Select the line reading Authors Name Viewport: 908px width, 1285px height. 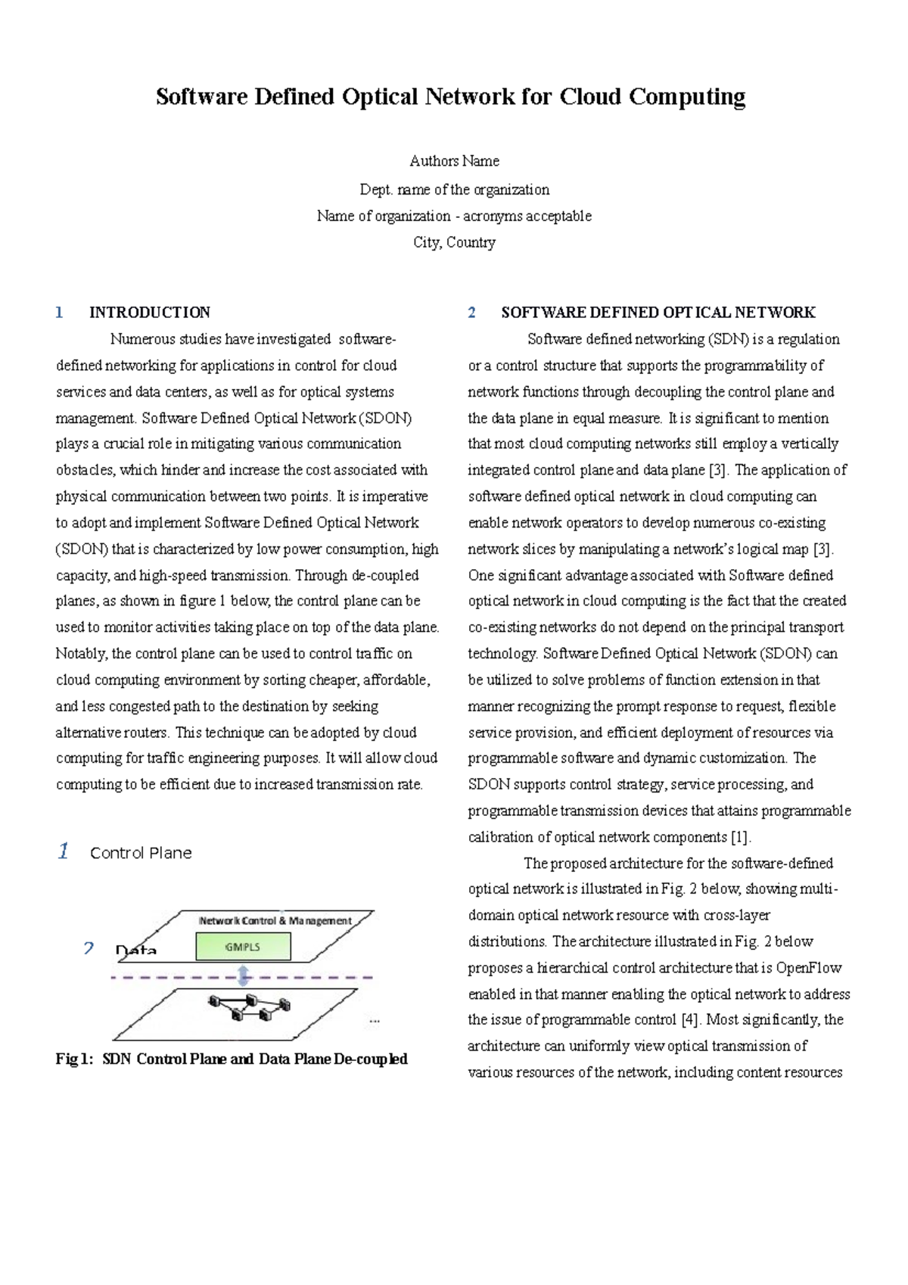454,161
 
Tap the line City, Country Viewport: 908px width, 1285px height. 454,243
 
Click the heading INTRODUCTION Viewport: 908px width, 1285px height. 149,313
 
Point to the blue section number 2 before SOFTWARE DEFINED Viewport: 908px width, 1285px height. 471,313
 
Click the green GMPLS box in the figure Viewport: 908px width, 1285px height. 243,947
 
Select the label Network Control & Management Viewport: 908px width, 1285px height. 275,921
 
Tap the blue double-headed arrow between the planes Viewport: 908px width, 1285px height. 244,976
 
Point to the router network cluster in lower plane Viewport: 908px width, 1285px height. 249,1007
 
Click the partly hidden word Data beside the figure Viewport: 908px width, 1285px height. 136,951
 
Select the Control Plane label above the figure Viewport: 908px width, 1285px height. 141,854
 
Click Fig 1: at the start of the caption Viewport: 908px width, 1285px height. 73,1059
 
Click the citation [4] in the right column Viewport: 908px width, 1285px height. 689,1020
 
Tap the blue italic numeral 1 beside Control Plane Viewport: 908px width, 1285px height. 64,851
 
